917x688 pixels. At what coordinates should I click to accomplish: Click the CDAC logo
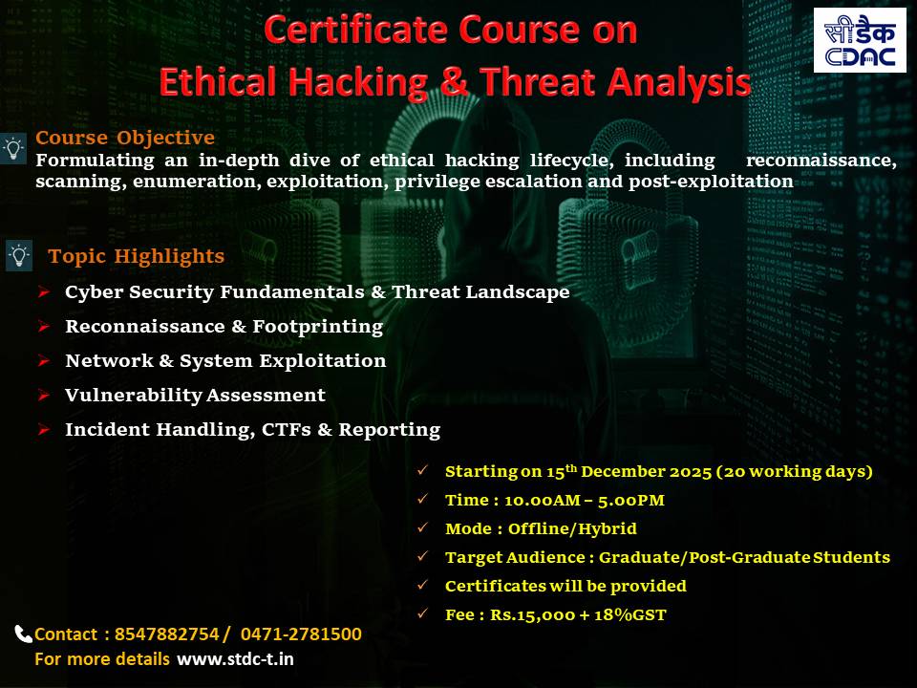tap(860, 40)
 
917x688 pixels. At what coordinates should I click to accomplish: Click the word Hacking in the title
tap(357, 82)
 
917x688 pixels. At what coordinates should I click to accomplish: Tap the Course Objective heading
tap(125, 138)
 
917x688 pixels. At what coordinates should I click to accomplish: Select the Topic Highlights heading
tap(137, 256)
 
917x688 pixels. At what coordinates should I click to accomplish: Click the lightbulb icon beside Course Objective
tap(13, 149)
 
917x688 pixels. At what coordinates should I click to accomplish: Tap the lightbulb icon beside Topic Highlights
tap(19, 256)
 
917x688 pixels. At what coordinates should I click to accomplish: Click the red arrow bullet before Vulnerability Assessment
tap(44, 395)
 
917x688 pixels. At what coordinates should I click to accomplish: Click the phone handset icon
tap(23, 634)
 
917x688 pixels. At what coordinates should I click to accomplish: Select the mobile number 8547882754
tap(166, 634)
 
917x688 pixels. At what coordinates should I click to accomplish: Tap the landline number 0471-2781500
tap(301, 634)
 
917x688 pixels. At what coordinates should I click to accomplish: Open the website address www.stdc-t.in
tap(235, 659)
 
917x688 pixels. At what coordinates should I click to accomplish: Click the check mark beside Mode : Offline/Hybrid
tap(423, 527)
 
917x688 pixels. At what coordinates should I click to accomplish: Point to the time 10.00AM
tap(543, 500)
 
